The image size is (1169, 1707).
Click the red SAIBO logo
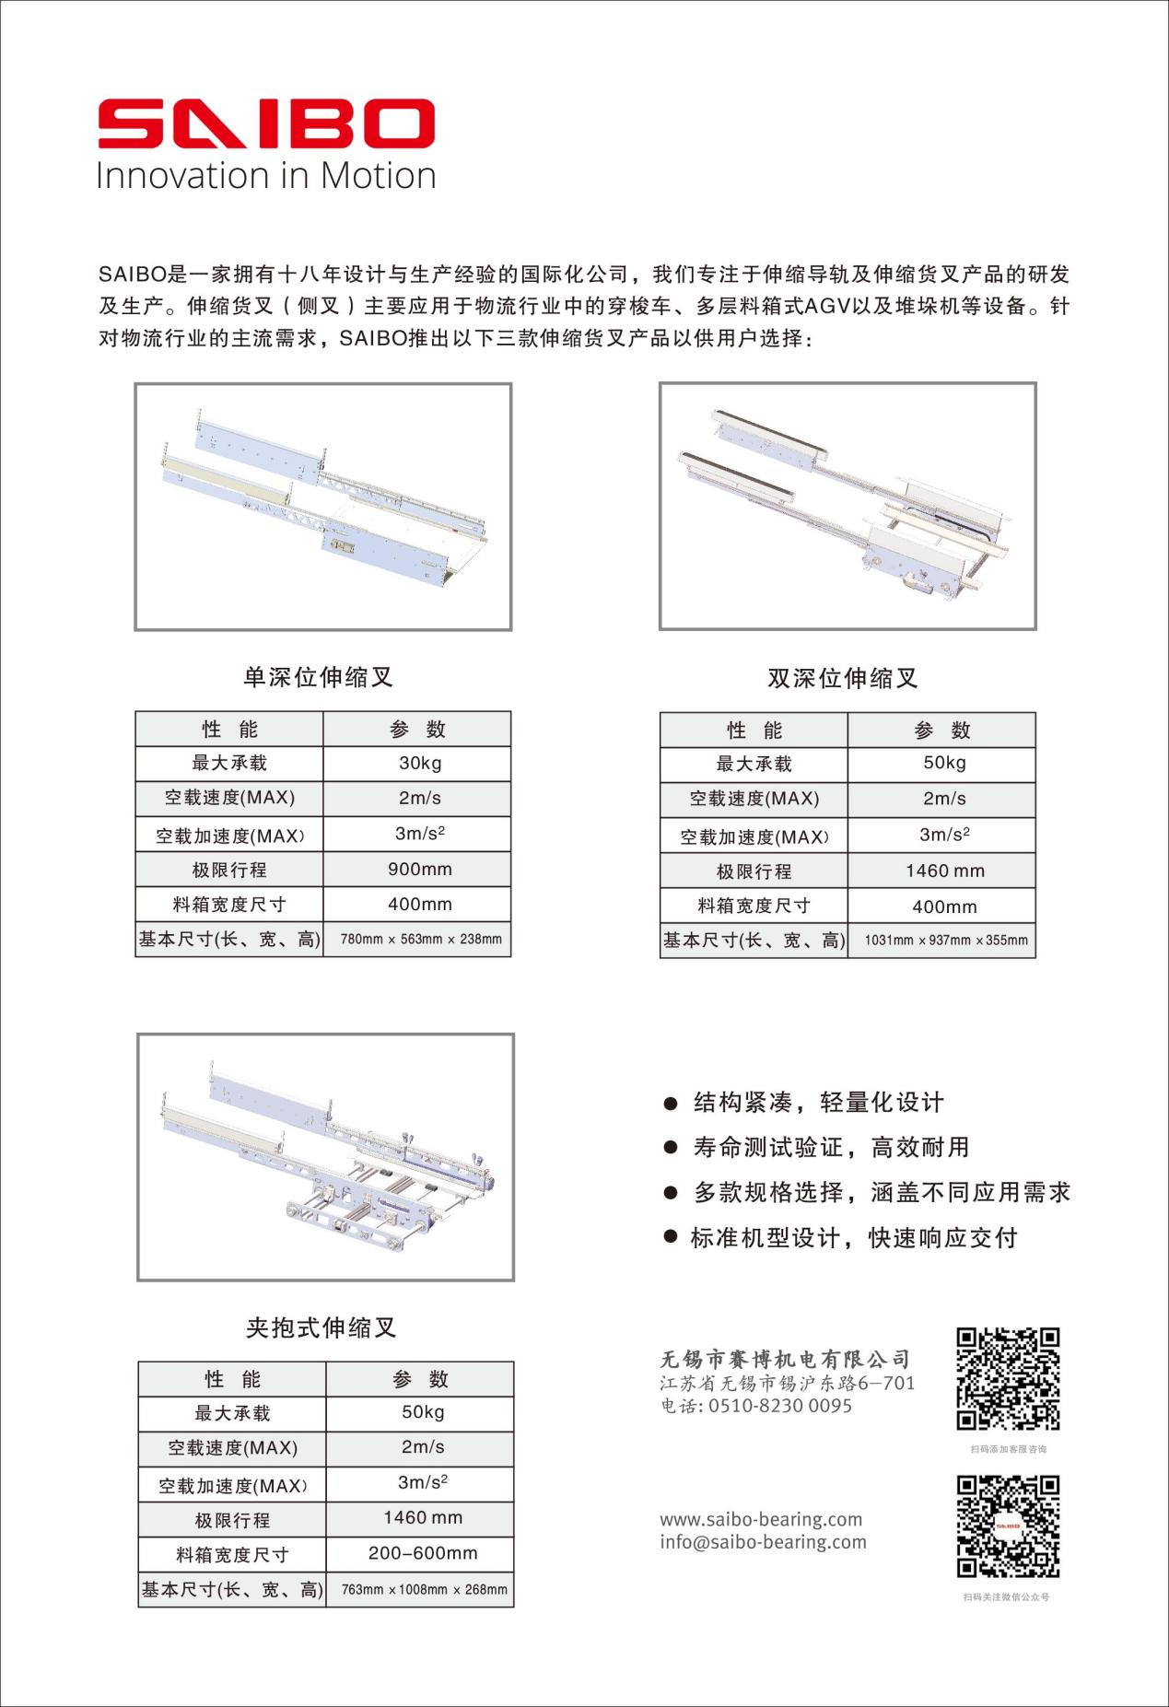[x=265, y=124]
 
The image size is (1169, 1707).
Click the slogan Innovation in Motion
[x=265, y=176]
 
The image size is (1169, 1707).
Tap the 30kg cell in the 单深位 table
[x=419, y=763]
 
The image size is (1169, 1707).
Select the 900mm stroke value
[x=419, y=869]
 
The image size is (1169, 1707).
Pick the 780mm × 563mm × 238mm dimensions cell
[x=420, y=940]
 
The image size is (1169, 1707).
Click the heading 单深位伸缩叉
[x=318, y=678]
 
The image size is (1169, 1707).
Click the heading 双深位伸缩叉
[x=843, y=679]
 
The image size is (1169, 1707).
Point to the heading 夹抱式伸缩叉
[x=321, y=1327]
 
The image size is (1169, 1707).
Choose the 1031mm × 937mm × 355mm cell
[x=945, y=941]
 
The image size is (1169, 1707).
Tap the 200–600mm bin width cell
[x=423, y=1553]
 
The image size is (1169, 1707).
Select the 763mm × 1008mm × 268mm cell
[x=423, y=1589]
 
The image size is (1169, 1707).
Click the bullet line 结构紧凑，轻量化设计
[x=818, y=1103]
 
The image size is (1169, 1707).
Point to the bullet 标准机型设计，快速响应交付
[x=853, y=1237]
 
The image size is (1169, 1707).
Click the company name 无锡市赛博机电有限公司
[x=785, y=1359]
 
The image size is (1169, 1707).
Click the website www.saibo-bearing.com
[x=761, y=1519]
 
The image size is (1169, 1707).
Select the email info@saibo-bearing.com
[x=763, y=1542]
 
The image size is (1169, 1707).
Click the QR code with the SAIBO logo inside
[x=1008, y=1526]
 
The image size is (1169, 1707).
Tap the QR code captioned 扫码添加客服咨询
[x=1008, y=1378]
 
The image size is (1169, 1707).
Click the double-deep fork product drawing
[x=848, y=506]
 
